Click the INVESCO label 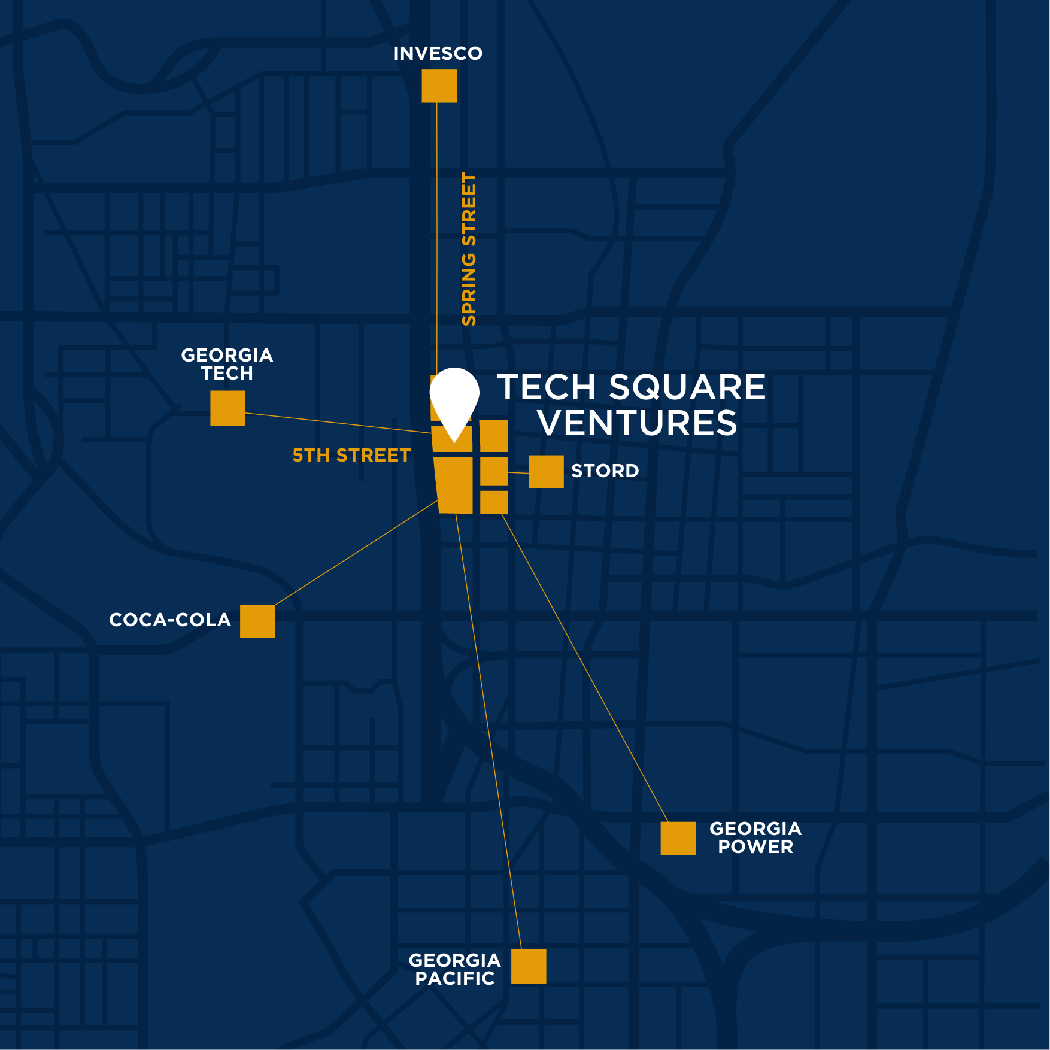[438, 54]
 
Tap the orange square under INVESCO [439, 86]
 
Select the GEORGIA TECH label [227, 364]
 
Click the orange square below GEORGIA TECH [227, 408]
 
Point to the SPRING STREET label [469, 249]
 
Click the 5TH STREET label [351, 456]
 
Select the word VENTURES [637, 423]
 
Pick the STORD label [605, 471]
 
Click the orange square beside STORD [546, 472]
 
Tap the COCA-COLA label [170, 620]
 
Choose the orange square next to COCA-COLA [257, 621]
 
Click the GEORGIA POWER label [755, 837]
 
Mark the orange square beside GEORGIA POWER [678, 838]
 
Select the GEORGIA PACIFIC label [454, 969]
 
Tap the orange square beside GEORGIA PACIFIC [529, 966]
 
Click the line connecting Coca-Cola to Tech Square [356, 553]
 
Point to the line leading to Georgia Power [584, 667]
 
